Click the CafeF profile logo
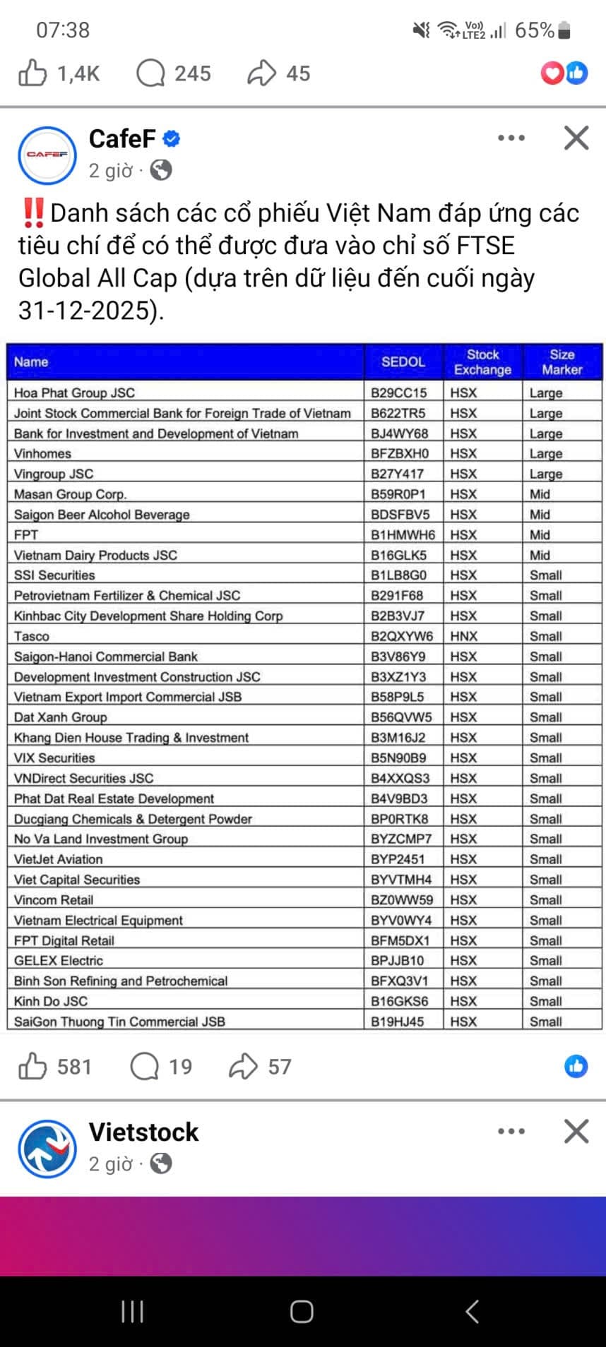click(47, 155)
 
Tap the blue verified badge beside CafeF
click(172, 138)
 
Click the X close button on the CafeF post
click(576, 138)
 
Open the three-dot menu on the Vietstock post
click(511, 1132)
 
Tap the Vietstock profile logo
click(47, 1149)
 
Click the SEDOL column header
click(403, 361)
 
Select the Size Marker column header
click(562, 361)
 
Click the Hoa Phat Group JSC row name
click(74, 393)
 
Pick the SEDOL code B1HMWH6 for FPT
click(403, 534)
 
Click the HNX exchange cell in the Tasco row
click(464, 636)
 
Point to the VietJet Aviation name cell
click(59, 859)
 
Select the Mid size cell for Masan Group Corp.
click(540, 494)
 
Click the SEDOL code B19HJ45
click(398, 1022)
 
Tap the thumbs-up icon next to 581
click(32, 1066)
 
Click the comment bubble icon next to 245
click(150, 73)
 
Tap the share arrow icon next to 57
click(243, 1066)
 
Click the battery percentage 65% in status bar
click(535, 30)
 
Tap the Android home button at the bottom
click(302, 1311)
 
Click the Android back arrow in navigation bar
click(473, 1311)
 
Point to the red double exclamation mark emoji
click(33, 212)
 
